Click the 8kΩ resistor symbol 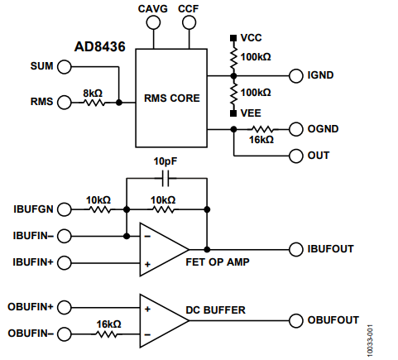(94, 103)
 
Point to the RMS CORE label (172, 98)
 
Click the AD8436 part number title (100, 46)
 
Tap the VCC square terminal (233, 38)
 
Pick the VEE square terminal (233, 113)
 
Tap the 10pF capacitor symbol (165, 178)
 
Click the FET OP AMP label (218, 262)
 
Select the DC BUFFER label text (216, 310)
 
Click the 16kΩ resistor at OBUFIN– (107, 334)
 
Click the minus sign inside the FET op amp (147, 237)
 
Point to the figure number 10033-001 (370, 341)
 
